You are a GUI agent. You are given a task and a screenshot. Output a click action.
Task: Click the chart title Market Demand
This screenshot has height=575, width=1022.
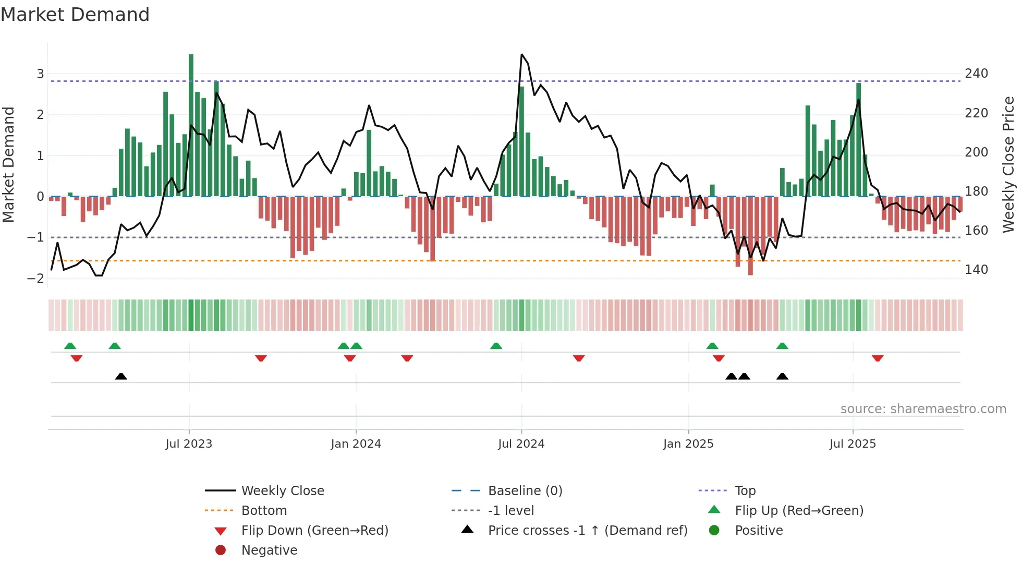(75, 15)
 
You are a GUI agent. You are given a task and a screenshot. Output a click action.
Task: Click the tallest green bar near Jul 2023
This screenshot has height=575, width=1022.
(191, 125)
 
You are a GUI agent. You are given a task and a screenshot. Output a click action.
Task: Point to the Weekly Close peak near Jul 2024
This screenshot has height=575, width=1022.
(522, 55)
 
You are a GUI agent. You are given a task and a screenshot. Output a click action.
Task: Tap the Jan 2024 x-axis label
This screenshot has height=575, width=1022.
(356, 444)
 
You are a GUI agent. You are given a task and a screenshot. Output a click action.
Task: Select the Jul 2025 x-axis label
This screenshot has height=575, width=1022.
(853, 444)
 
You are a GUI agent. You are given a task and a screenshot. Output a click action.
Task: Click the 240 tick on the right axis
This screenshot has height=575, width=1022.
(976, 74)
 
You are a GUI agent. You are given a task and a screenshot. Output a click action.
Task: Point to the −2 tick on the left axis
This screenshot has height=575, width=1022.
(35, 278)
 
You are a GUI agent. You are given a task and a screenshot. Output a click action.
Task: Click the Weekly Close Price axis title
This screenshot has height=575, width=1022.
(1008, 164)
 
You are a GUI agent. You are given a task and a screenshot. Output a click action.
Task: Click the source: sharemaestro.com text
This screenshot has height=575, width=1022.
(923, 409)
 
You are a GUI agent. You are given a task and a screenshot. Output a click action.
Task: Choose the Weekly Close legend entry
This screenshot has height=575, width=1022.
(282, 491)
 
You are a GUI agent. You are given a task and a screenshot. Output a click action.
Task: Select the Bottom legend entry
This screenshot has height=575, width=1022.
(264, 511)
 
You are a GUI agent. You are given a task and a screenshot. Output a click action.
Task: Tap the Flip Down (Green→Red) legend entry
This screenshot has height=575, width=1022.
(314, 531)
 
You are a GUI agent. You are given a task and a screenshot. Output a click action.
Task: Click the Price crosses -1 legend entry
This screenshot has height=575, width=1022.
(588, 531)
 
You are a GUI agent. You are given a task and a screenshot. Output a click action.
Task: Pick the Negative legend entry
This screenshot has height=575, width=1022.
(269, 550)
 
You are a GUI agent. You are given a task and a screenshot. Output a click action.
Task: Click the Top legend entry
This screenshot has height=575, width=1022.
(745, 491)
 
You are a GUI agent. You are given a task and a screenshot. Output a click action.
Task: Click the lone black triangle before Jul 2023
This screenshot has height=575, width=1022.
(121, 376)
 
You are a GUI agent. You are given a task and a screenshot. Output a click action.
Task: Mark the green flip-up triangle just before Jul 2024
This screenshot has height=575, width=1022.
(496, 346)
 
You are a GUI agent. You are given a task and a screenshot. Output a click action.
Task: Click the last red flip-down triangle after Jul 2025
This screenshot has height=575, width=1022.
(878, 358)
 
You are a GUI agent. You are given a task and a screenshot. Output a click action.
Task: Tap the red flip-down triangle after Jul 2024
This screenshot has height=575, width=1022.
(579, 358)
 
